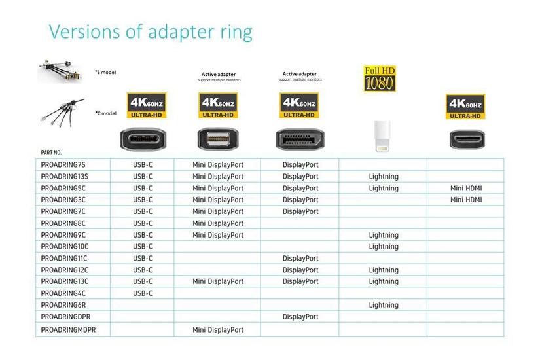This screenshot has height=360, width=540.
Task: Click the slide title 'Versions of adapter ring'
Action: click(151, 31)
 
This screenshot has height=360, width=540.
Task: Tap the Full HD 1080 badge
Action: click(380, 79)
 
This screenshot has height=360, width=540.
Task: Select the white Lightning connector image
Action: click(383, 136)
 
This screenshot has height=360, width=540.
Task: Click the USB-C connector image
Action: click(143, 138)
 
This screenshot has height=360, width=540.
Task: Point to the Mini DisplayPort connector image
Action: click(218, 139)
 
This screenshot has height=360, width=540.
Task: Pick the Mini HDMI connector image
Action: click(465, 139)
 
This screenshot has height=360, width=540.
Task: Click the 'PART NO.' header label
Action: click(51, 153)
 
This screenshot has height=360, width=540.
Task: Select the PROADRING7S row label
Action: click(64, 165)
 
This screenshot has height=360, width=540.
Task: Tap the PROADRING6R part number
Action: click(64, 305)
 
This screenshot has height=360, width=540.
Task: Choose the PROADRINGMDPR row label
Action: click(68, 330)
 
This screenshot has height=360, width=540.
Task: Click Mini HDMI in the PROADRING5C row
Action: click(466, 189)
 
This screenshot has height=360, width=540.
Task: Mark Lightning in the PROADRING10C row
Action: click(384, 247)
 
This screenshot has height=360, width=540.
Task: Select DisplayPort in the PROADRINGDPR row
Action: click(300, 317)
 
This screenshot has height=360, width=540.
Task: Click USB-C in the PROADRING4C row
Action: click(143, 293)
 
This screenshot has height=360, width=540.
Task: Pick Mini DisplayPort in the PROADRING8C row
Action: click(218, 223)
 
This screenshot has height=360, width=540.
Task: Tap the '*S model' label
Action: click(105, 72)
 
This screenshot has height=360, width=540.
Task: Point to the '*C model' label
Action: click(105, 113)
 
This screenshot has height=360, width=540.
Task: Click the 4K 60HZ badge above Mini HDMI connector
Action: click(465, 107)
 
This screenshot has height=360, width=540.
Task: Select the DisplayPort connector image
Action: click(300, 139)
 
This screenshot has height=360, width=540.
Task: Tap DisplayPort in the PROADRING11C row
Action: click(300, 259)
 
